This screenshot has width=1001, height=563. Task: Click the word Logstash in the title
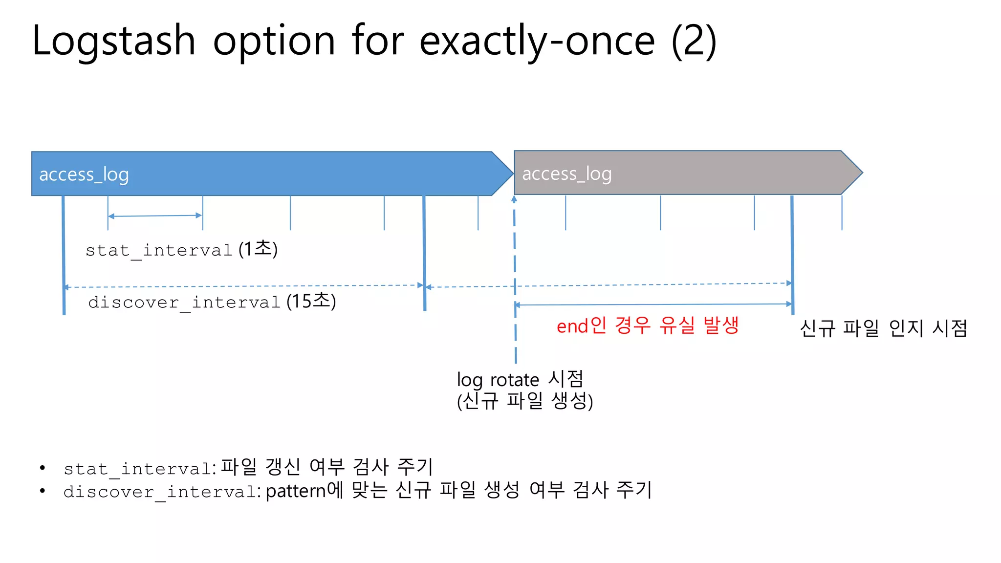[113, 41]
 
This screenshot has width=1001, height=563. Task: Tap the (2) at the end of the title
[694, 41]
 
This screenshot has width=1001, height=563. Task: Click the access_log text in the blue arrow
[84, 174]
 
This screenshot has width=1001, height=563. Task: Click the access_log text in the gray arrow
[567, 174]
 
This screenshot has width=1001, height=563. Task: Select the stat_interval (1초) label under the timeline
[181, 250]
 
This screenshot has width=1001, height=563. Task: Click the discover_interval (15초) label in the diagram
[212, 302]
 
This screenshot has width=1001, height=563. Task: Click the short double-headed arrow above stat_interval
[155, 216]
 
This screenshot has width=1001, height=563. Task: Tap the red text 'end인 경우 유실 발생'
[647, 325]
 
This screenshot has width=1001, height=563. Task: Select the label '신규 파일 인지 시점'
[883, 328]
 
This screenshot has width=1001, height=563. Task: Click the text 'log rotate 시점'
[520, 380]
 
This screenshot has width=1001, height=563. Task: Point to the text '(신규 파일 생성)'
[524, 401]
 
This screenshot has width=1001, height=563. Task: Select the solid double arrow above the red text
[653, 304]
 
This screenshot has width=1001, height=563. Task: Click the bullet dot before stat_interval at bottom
[43, 468]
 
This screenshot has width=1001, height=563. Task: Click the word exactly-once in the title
[537, 41]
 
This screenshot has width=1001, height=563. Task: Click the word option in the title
[274, 41]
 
